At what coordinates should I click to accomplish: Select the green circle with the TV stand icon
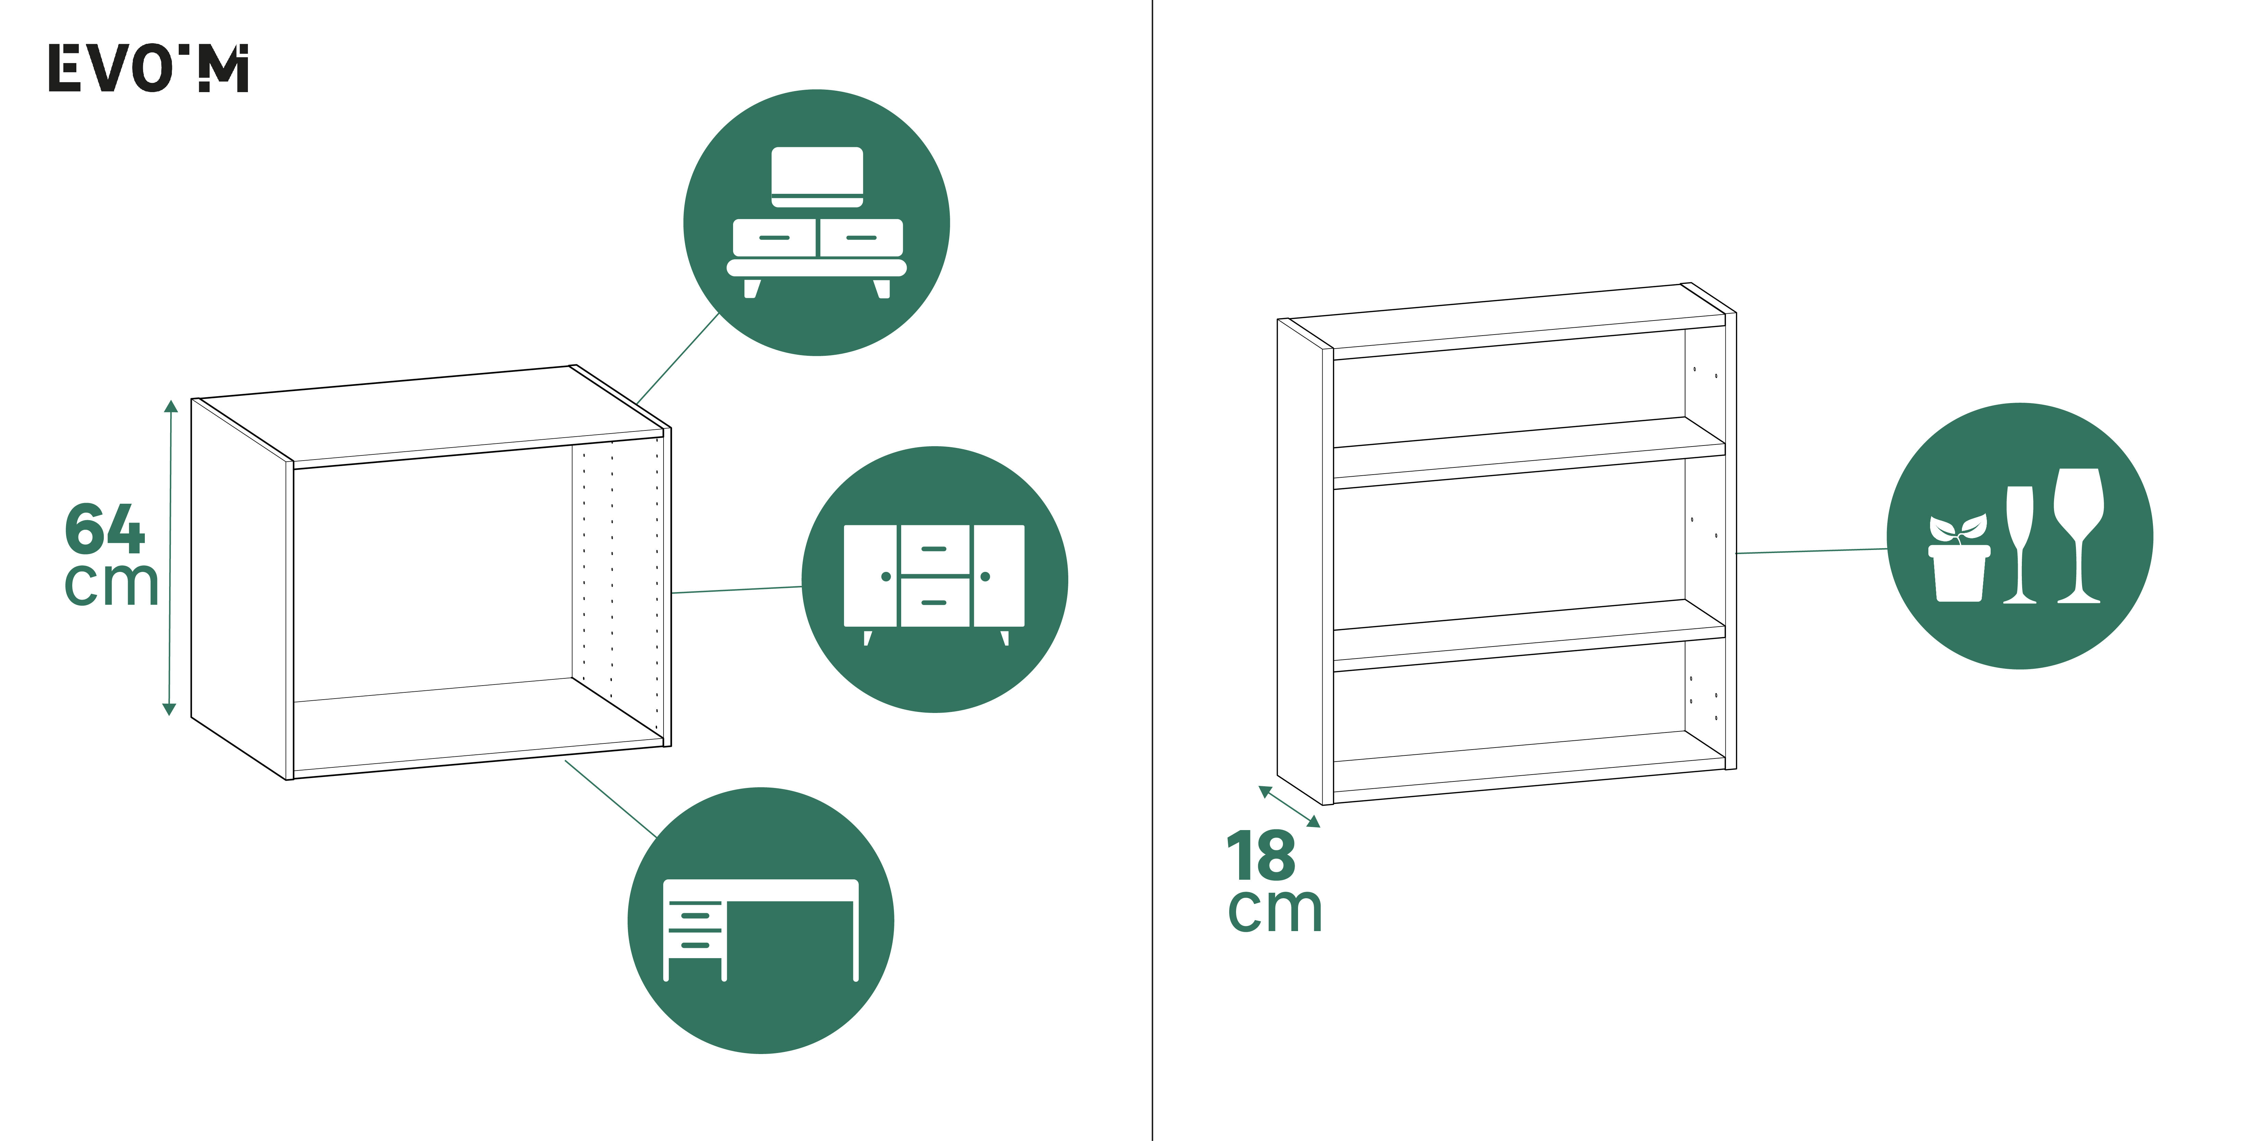817,223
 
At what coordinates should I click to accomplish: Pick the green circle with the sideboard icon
935,579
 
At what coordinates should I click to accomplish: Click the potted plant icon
1959,557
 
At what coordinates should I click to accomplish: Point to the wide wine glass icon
2079,535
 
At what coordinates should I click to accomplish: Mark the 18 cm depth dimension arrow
1289,806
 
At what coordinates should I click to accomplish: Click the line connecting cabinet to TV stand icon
679,358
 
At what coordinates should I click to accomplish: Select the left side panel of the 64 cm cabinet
239,588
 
